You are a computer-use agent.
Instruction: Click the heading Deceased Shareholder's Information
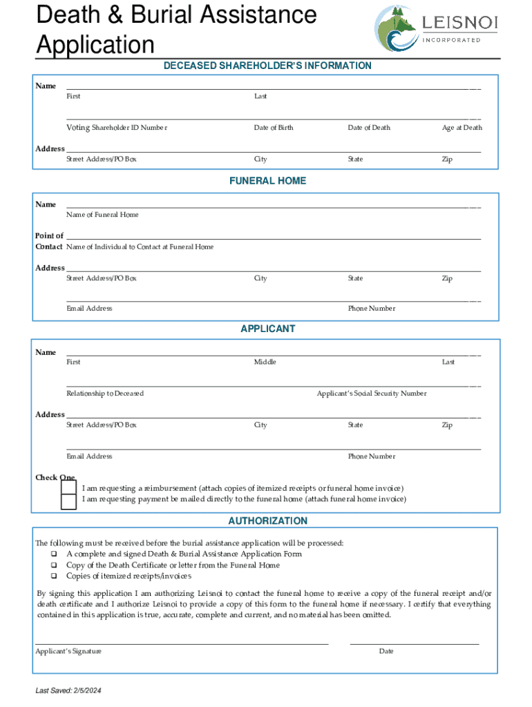pos(267,66)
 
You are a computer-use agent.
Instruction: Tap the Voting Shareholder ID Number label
pos(117,128)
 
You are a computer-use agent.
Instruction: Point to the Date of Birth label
pos(274,128)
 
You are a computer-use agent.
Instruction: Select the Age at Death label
pos(462,128)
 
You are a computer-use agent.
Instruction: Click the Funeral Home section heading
pos(267,181)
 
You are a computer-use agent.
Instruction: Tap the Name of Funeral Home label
pos(102,215)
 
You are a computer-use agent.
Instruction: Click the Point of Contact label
pos(49,241)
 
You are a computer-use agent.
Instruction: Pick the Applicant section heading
pos(267,329)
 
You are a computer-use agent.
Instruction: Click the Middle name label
pos(265,362)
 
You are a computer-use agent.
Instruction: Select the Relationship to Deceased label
pos(105,394)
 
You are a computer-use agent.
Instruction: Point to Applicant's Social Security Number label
pos(372,394)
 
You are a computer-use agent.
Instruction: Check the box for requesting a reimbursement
pos(68,487)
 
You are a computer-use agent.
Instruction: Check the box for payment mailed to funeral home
pos(68,501)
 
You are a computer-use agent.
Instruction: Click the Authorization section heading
pos(267,521)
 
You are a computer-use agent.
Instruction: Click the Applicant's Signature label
pos(68,652)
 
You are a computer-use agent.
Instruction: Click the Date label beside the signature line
pos(386,652)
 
